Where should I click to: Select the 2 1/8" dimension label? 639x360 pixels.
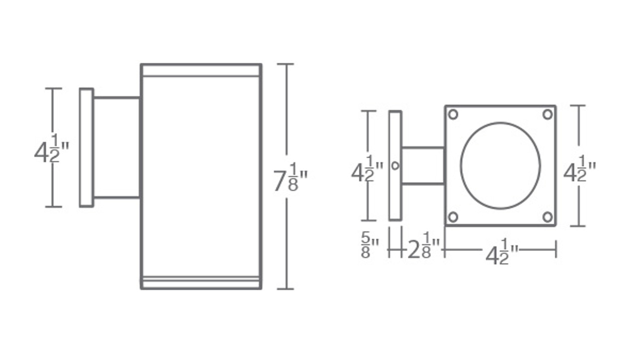click(423, 248)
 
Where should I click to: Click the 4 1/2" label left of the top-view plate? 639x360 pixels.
click(367, 170)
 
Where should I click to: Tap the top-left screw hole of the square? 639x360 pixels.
click(453, 114)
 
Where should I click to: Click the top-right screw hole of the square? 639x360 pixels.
click(548, 114)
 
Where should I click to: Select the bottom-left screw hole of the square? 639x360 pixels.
click(453, 217)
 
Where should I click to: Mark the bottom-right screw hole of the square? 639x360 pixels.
click(548, 217)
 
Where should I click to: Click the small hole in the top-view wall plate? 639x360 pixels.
click(395, 165)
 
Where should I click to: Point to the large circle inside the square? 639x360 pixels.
click(500, 165)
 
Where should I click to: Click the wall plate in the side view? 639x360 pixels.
click(86, 148)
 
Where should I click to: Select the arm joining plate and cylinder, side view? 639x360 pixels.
click(116, 148)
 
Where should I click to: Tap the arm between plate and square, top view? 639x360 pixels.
click(423, 165)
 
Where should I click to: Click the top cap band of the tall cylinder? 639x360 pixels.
click(201, 70)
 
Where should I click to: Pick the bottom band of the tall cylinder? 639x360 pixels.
click(201, 283)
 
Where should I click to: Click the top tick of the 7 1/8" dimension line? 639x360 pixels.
click(286, 64)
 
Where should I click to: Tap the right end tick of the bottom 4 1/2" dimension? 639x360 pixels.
click(556, 249)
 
